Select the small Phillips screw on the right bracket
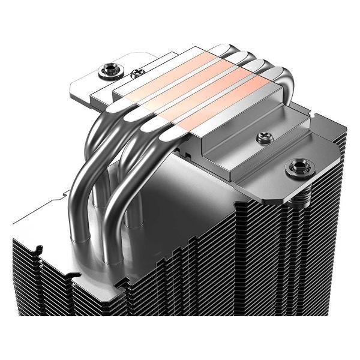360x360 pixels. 262,138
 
